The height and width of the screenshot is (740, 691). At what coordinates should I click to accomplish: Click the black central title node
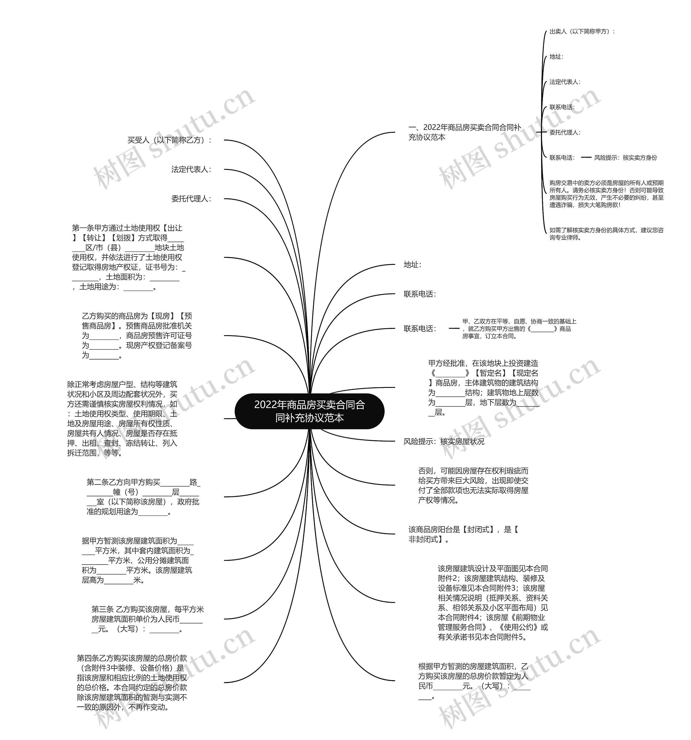pos(309,411)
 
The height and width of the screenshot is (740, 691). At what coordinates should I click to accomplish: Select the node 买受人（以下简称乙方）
pos(170,140)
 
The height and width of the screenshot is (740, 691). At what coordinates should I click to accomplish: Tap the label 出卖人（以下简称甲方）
pos(582,32)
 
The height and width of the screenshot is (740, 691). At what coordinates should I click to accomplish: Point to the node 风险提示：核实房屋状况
pos(444,442)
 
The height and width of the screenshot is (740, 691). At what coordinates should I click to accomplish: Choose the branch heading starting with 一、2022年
pos(464,132)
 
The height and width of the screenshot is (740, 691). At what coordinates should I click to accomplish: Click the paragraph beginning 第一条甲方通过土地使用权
pos(128,257)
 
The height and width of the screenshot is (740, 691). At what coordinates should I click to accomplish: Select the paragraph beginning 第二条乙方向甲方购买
pos(143,497)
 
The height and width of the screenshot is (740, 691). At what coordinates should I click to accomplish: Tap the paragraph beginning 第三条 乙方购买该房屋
pos(147,619)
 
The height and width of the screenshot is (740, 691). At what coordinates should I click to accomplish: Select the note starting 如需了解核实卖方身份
pos(606,234)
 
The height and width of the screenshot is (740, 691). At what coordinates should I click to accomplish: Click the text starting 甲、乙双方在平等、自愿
pos(519,329)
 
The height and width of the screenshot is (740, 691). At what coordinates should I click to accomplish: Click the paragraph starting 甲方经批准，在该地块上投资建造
pos(483,388)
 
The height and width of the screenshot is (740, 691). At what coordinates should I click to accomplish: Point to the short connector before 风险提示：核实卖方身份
pos(586,157)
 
